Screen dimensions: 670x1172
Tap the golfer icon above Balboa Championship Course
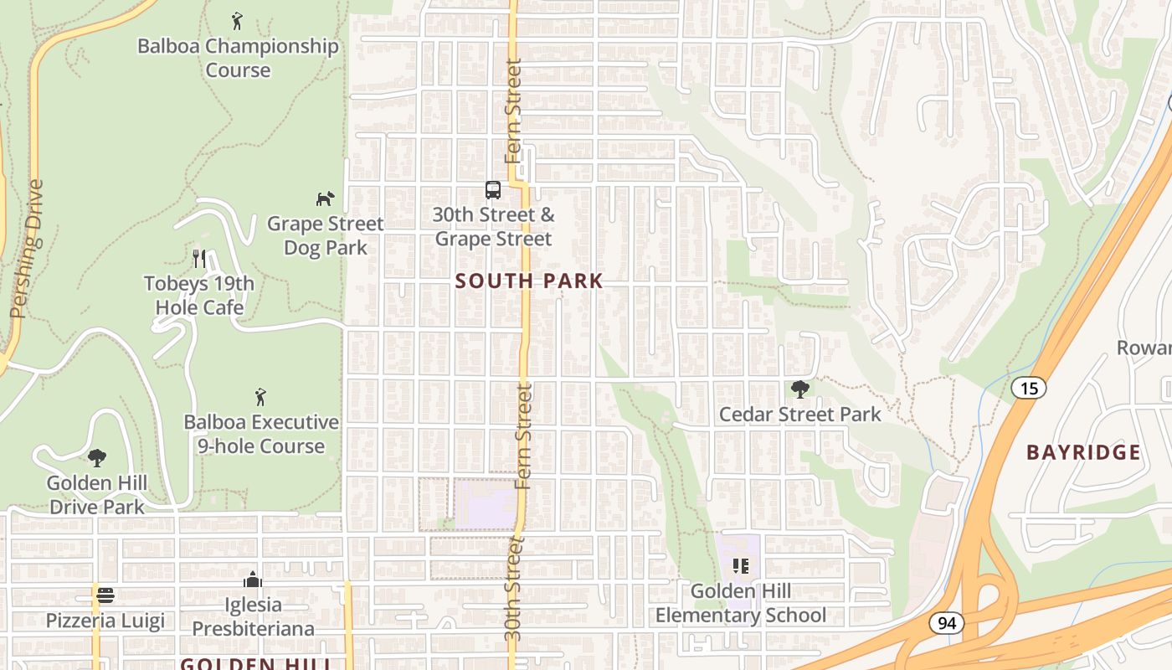pos(238,20)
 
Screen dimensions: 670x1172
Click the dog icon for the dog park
pos(325,198)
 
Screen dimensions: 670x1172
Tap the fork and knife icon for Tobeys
pos(199,258)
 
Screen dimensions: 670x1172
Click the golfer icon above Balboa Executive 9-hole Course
pos(261,396)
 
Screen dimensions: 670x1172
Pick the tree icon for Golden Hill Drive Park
pos(97,457)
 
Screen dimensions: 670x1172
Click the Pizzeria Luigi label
pos(105,621)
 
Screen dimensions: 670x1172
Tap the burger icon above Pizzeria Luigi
pos(105,595)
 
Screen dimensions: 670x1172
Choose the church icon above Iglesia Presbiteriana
pos(253,580)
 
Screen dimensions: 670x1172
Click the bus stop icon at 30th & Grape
pos(493,190)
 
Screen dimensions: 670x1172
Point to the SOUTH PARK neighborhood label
pos(529,281)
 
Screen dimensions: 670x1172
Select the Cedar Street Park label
pos(800,415)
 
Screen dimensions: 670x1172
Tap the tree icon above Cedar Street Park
pos(800,389)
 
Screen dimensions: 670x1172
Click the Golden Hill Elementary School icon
pos(740,566)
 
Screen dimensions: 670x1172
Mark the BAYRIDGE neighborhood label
pos(1083,453)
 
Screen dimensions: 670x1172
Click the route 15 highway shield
pos(1029,388)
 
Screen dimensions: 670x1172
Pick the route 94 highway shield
pos(947,623)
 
